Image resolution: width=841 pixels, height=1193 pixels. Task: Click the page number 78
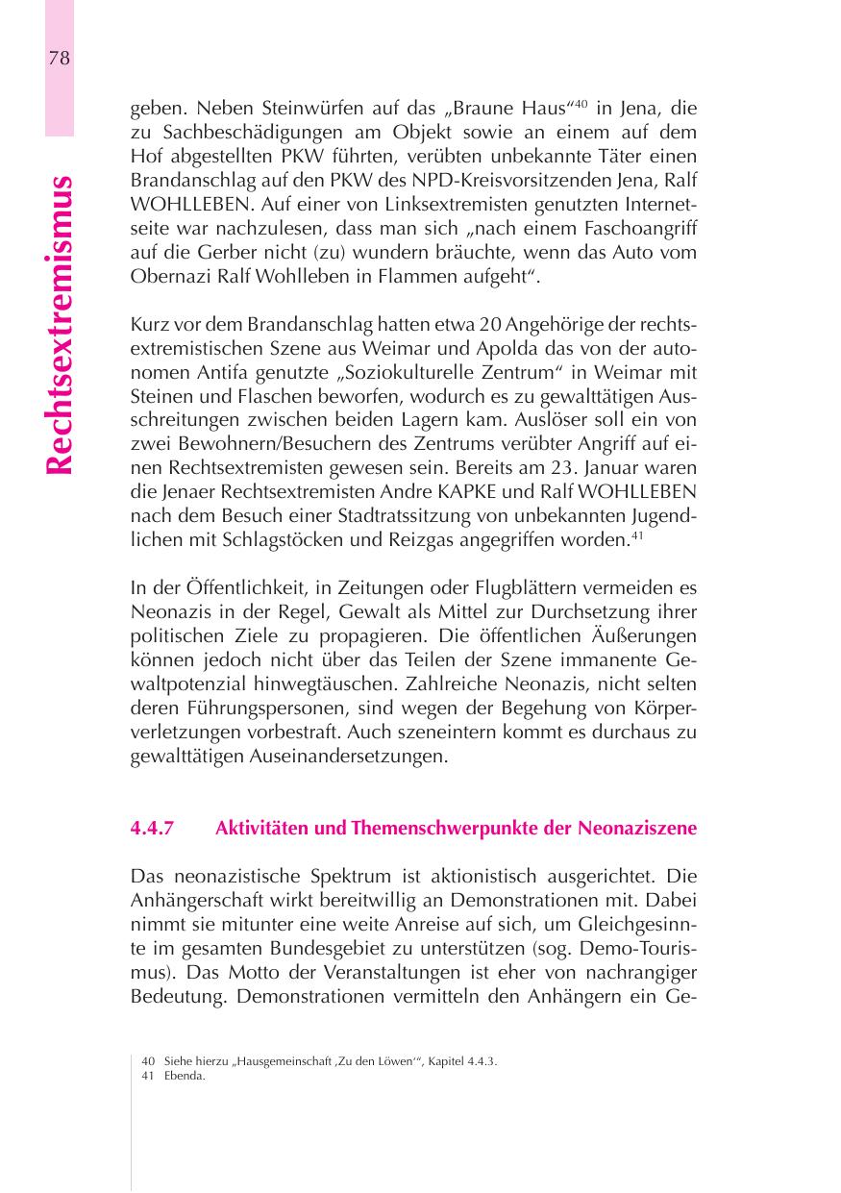click(59, 58)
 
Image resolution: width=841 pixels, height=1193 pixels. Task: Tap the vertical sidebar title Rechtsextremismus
click(59, 325)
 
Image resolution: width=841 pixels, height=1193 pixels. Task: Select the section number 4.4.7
click(151, 829)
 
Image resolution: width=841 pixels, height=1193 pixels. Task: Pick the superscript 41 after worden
click(636, 535)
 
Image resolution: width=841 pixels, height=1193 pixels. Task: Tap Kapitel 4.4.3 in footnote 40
click(462, 1061)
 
